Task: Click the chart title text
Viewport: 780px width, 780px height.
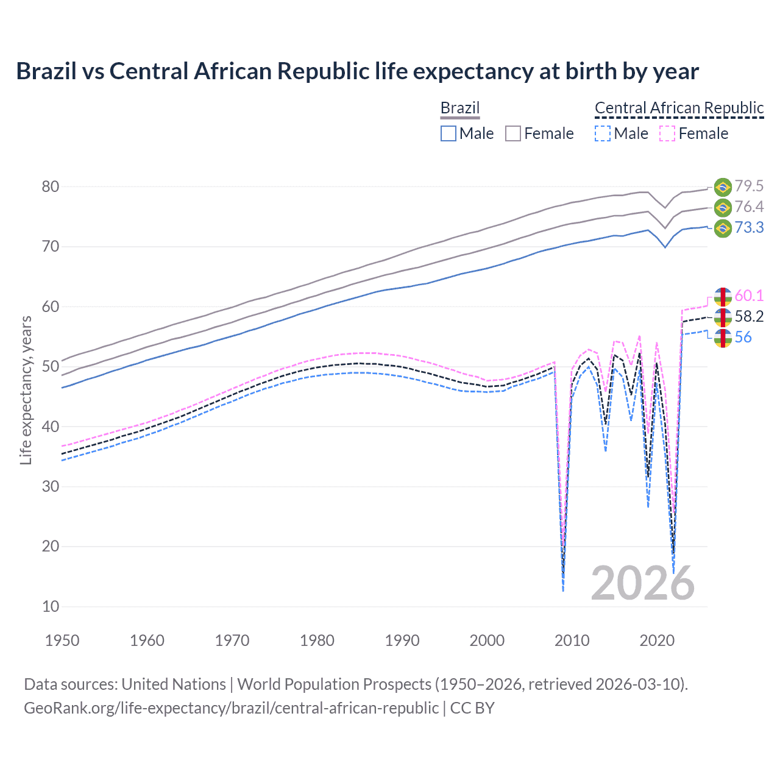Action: point(357,71)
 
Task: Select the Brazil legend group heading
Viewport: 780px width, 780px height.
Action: point(460,108)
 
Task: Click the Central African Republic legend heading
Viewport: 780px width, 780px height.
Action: point(679,108)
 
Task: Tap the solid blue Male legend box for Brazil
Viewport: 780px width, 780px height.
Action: point(448,133)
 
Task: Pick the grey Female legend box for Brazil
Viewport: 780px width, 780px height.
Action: point(513,133)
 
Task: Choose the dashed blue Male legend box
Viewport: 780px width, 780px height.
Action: point(602,133)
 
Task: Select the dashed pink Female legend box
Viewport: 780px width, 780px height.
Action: point(667,133)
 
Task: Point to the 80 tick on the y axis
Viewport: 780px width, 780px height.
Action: point(51,186)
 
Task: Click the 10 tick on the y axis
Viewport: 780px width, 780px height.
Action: point(51,606)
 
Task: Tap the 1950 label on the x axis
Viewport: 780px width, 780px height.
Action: point(62,640)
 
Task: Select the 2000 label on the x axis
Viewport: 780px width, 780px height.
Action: point(487,640)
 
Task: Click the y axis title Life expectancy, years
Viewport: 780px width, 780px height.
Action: point(26,390)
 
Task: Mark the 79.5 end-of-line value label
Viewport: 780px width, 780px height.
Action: point(749,186)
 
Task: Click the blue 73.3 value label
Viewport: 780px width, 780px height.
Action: point(749,228)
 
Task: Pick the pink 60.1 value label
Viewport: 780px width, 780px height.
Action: point(749,296)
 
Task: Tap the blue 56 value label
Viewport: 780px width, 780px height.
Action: point(743,338)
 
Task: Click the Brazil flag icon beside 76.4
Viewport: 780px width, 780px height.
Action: point(723,208)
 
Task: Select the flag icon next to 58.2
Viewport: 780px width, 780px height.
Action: point(723,317)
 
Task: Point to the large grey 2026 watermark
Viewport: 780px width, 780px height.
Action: point(642,583)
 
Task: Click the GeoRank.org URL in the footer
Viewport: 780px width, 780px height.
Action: point(231,708)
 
